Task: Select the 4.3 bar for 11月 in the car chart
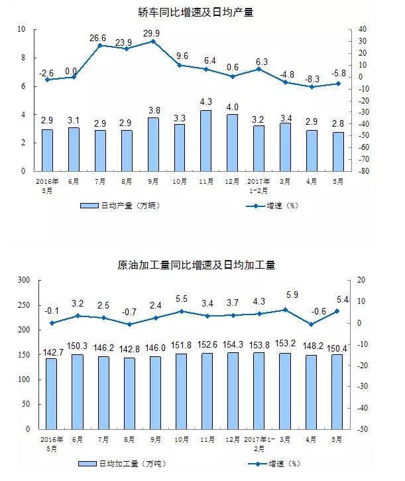(x=206, y=140)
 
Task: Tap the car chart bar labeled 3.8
(x=153, y=144)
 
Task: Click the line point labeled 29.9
(x=153, y=41)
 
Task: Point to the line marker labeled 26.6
(x=99, y=45)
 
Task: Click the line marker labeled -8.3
(x=312, y=86)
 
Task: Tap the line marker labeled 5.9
(x=286, y=310)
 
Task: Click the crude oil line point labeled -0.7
(x=126, y=324)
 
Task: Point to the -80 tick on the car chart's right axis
(x=363, y=171)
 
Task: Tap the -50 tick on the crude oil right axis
(x=363, y=430)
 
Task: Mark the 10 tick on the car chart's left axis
(x=21, y=29)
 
